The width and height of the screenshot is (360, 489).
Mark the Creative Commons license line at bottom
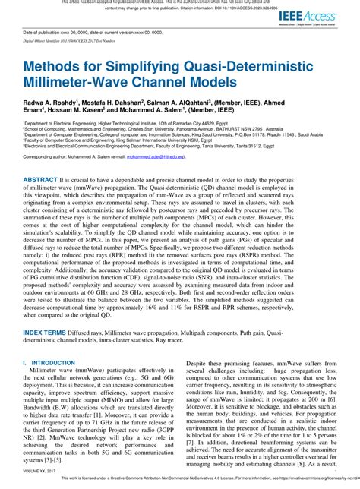(190, 483)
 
